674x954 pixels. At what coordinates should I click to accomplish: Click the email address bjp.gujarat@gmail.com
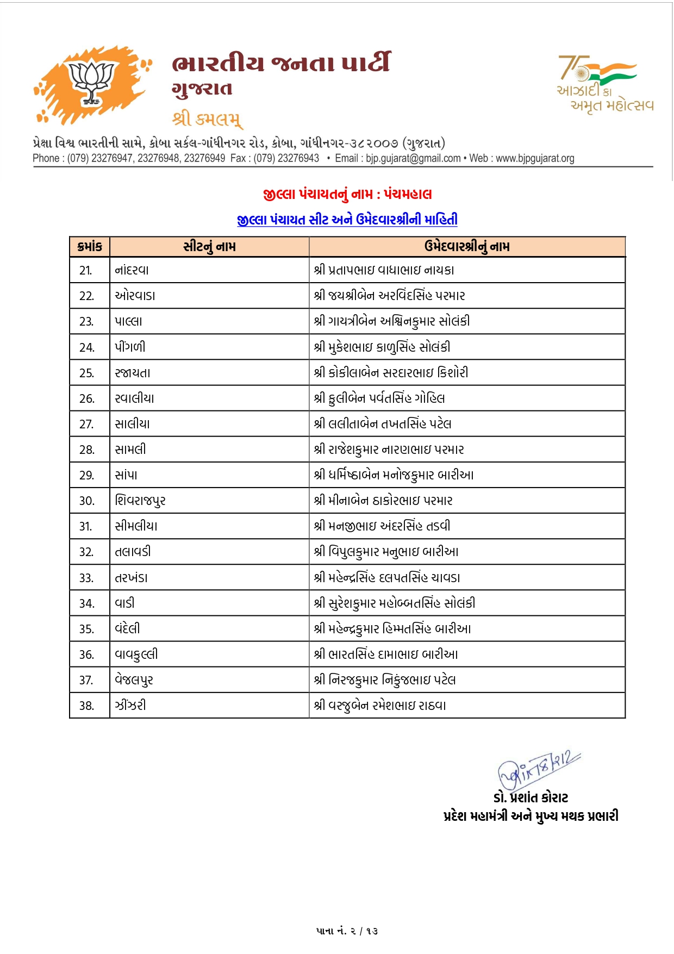pos(413,158)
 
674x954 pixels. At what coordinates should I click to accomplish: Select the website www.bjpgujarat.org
pos(535,158)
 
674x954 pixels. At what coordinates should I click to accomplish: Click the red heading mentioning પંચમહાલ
pos(347,194)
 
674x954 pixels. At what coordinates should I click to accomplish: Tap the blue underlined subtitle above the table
pos(347,220)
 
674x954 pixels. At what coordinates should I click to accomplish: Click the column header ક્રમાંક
pos(90,246)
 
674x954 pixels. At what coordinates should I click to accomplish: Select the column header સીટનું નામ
pos(209,246)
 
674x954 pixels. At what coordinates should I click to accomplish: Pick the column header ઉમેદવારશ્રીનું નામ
pos(467,246)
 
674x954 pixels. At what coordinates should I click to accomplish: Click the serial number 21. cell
pos(86,270)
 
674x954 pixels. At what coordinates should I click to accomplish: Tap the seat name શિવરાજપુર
pos(140,501)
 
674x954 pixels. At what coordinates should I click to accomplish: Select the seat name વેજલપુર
pos(134,680)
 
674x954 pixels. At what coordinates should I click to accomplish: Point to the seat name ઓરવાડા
pos(135,296)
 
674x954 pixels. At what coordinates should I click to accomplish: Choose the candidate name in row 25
pos(391,373)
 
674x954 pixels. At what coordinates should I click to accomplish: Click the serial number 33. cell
pos(86,578)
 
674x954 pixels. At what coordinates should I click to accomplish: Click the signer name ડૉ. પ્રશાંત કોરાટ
pos(531,797)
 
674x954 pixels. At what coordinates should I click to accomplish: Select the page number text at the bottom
pos(347,931)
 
